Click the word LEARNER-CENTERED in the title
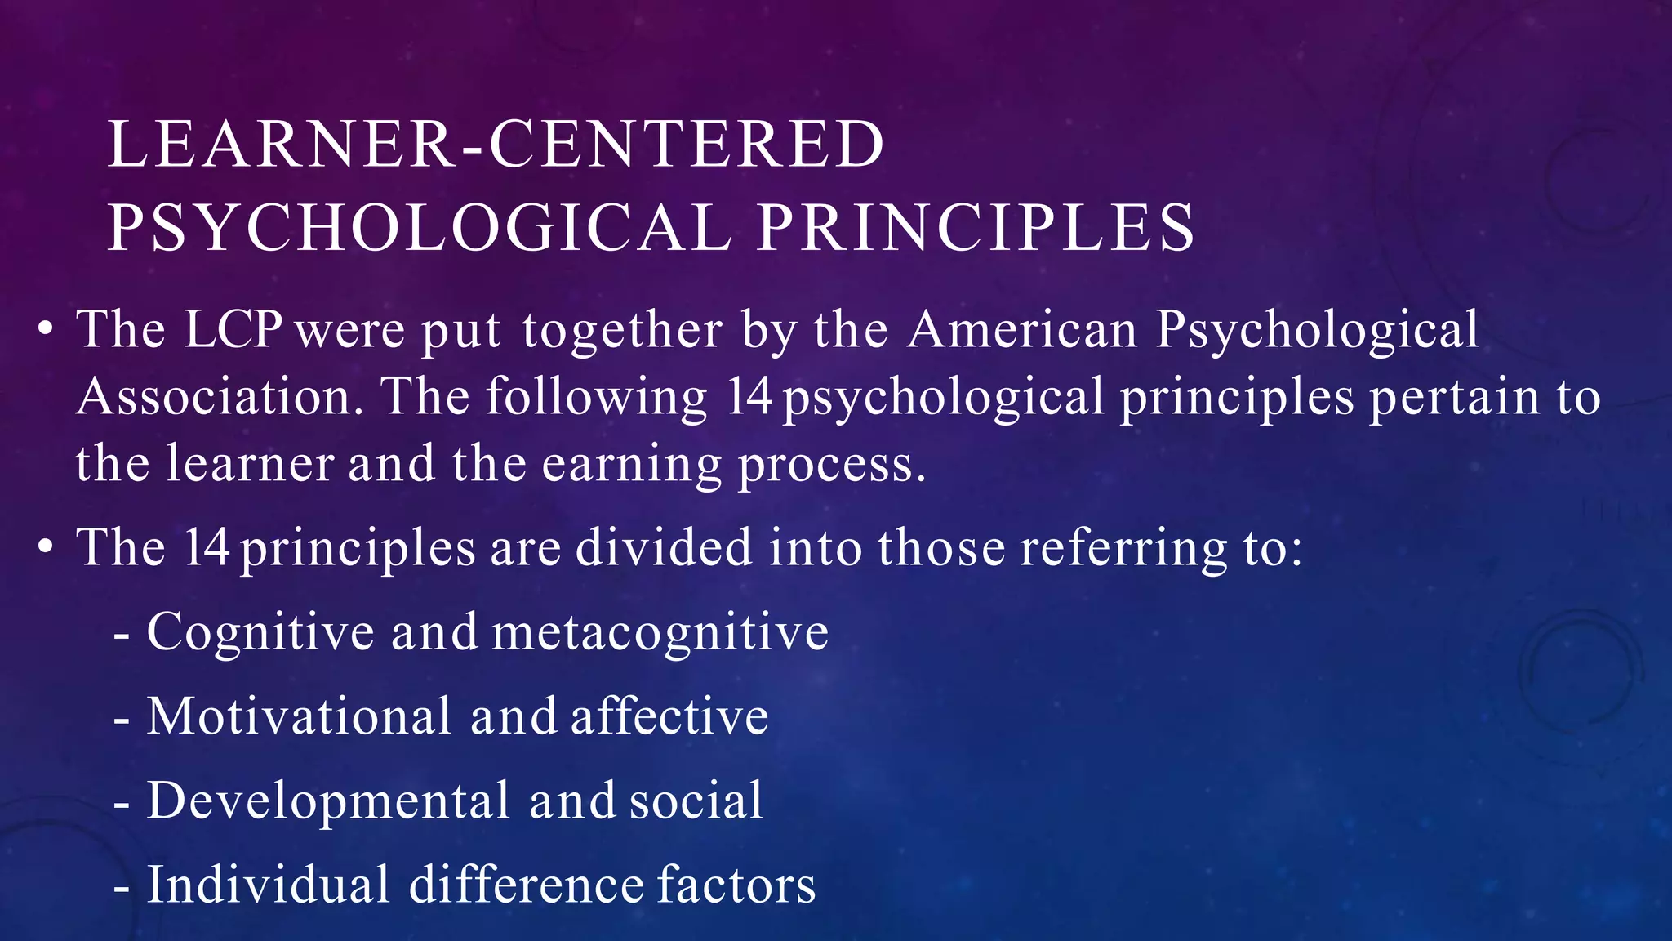click(x=496, y=145)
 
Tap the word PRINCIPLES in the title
click(x=976, y=227)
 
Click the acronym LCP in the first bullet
click(x=233, y=330)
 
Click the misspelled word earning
click(x=633, y=465)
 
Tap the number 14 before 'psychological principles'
click(x=749, y=397)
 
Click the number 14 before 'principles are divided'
click(x=206, y=547)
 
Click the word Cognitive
click(x=260, y=633)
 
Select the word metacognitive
click(x=660, y=633)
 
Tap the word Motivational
click(x=299, y=716)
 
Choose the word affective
click(x=669, y=716)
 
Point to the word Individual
click(x=269, y=885)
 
